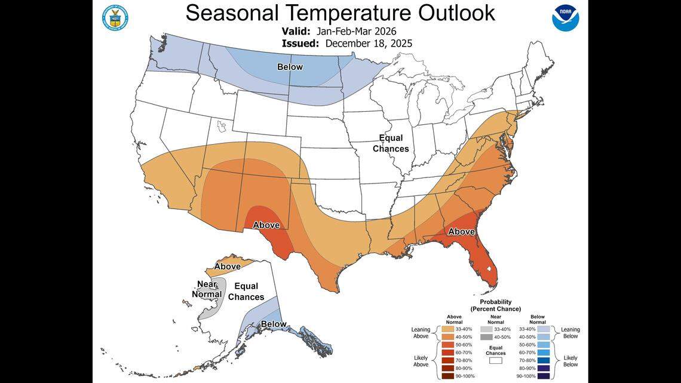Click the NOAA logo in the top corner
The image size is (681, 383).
[x=565, y=18]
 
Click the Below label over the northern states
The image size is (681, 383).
[x=290, y=67]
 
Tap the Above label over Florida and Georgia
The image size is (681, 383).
[x=461, y=231]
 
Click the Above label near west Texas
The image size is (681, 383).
[x=266, y=225]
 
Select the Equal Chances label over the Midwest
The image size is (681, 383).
[x=391, y=143]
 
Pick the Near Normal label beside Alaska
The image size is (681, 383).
[x=207, y=289]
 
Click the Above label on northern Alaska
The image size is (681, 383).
[x=228, y=266]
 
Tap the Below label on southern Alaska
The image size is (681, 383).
[x=274, y=324]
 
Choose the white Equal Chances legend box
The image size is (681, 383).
[x=496, y=361]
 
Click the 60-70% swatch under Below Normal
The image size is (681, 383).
[x=544, y=353]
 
